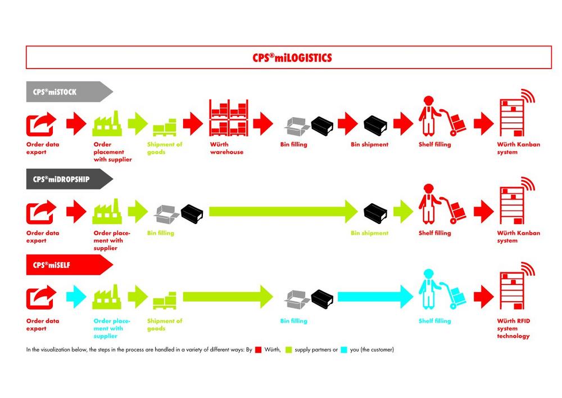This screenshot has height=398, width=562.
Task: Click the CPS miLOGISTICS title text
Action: pos(292,57)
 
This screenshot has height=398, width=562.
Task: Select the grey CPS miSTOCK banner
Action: pos(69,92)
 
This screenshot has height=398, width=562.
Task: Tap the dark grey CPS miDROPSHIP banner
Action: pos(69,179)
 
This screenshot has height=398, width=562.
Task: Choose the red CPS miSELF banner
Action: pos(69,265)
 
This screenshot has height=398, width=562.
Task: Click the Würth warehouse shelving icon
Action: pos(229,118)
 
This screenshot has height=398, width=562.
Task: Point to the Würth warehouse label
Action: pos(226,148)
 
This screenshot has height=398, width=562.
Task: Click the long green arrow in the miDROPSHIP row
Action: pos(283,211)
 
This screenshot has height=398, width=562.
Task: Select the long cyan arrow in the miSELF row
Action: pos(375,297)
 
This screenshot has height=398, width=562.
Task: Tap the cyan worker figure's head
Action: pos(428,274)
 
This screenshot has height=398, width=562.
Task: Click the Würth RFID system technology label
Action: pos(513,328)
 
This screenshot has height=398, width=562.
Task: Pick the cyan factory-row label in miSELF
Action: pos(112,328)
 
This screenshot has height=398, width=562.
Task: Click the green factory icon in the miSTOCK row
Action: pos(107,123)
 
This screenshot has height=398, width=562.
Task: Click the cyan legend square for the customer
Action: pos(344,350)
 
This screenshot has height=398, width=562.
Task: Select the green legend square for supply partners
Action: pos(289,350)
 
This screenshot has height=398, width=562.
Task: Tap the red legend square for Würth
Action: pos(259,350)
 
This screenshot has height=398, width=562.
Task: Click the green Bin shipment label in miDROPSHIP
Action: pos(370,233)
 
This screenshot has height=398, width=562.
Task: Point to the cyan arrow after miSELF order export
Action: pos(76,297)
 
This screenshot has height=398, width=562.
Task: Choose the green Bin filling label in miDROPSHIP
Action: pos(161,233)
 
